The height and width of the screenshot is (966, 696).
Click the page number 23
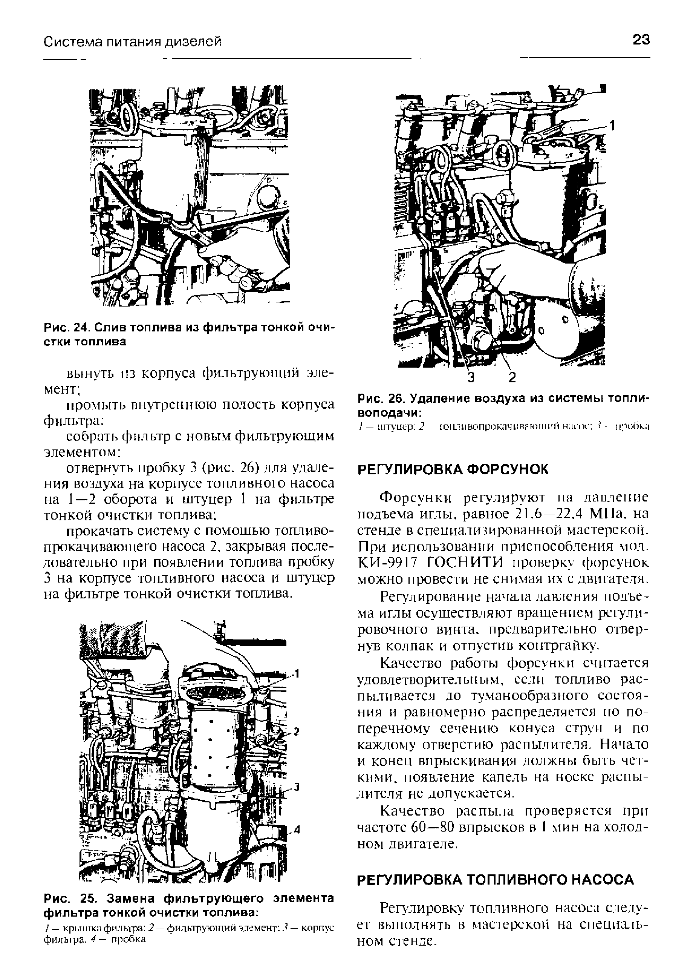tap(641, 40)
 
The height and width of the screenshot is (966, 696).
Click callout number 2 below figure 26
tap(512, 377)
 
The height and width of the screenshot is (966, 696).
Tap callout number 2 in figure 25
tap(297, 732)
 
